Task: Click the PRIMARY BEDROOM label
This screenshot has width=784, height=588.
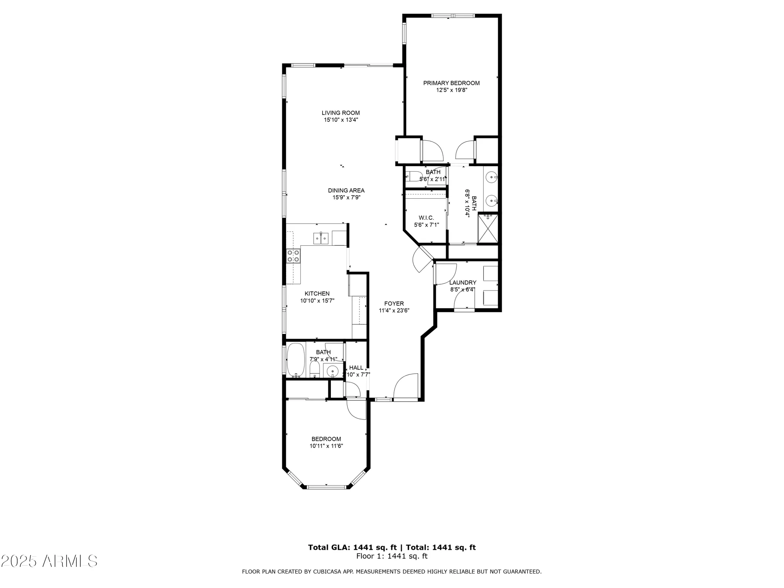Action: click(x=451, y=83)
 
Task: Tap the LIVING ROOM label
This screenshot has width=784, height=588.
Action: click(x=341, y=113)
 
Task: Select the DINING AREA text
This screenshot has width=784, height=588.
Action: click(x=346, y=191)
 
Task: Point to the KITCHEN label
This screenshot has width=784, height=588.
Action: click(x=317, y=294)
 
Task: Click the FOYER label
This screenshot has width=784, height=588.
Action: click(x=394, y=303)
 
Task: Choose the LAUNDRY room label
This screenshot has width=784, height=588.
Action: click(x=463, y=283)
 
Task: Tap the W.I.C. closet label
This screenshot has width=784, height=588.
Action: click(x=426, y=218)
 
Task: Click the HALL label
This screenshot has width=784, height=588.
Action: click(x=356, y=368)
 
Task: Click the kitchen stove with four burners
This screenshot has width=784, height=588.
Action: click(x=293, y=256)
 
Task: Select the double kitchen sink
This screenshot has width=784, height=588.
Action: click(x=321, y=238)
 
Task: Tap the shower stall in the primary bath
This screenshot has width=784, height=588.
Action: click(x=488, y=228)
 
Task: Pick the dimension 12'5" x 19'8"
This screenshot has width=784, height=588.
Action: click(x=452, y=90)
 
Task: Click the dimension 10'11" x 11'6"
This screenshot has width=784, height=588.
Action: click(x=326, y=446)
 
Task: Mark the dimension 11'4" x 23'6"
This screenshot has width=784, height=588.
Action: click(x=394, y=310)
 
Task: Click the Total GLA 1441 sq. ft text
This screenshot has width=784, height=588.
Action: click(x=352, y=548)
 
